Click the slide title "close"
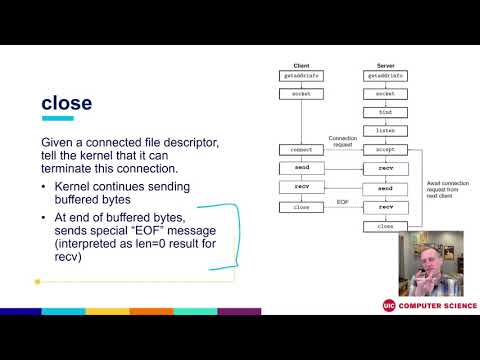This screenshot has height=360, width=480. coord(66,103)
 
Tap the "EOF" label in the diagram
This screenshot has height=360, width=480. coord(342,202)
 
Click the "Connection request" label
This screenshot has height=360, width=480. coord(343,141)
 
